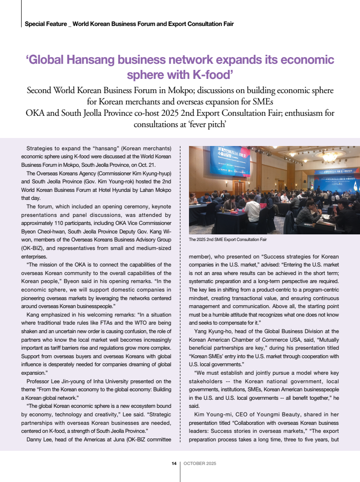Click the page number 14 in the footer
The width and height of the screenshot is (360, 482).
[x=174, y=464]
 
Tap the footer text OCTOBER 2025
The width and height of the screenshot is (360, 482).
[x=199, y=464]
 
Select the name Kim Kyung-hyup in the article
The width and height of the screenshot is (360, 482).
[x=150, y=174]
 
